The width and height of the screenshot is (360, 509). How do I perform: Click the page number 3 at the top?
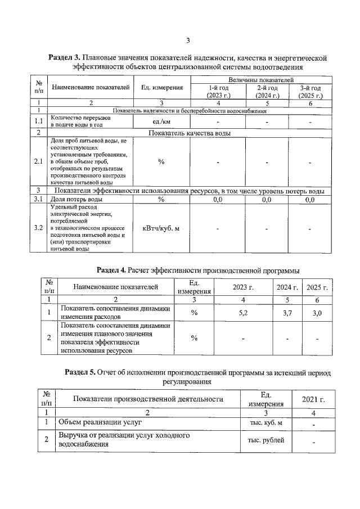tap(188, 40)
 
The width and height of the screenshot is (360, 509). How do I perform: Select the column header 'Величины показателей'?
tap(257, 82)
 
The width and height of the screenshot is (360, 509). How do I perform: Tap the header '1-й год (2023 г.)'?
tap(218, 92)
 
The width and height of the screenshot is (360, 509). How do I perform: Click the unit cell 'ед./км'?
tap(161, 122)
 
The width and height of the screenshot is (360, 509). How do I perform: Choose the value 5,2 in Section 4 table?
tap(243, 313)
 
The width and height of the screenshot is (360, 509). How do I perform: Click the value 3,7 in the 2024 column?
tap(287, 313)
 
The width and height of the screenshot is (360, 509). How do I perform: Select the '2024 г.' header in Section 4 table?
tap(287, 287)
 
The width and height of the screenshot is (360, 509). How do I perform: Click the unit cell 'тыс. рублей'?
tap(266, 440)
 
